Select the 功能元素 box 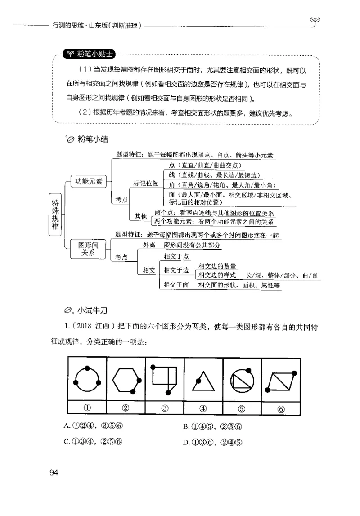click(x=89, y=182)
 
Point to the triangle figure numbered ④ click(x=203, y=381)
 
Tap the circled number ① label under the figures click(x=87, y=408)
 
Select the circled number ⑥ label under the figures click(x=281, y=408)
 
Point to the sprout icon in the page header click(x=315, y=21)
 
